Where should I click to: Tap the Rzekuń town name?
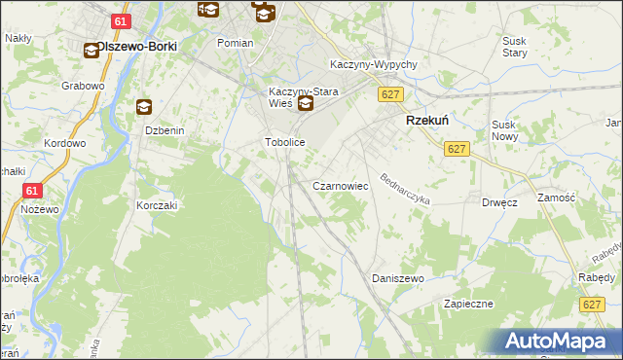(426, 122)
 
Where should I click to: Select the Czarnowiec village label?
(339, 185)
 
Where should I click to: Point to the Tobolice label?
(286, 142)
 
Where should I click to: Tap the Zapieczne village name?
(469, 304)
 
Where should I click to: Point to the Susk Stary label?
(514, 47)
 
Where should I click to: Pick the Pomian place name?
(235, 43)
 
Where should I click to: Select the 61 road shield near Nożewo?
(32, 192)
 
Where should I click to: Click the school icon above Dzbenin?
(144, 107)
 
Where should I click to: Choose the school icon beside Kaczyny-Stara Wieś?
(306, 104)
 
